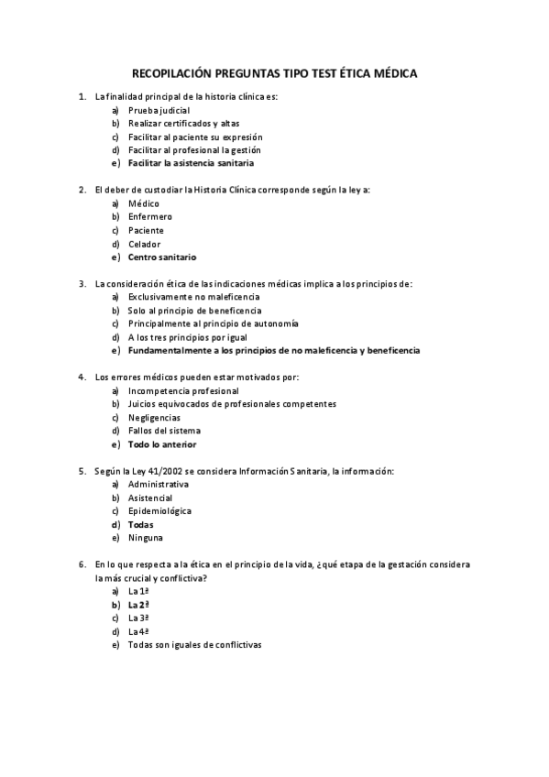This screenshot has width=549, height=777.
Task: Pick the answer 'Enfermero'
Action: [x=150, y=216]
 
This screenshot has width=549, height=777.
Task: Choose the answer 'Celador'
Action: [x=145, y=244]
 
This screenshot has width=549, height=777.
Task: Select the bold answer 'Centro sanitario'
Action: [x=162, y=257]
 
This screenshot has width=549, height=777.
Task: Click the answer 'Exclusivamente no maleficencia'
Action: [x=194, y=297]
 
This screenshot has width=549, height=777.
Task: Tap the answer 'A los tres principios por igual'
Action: [x=187, y=337]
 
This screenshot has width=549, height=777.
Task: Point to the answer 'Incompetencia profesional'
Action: [x=183, y=390]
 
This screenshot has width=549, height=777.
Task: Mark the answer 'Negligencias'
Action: [x=154, y=417]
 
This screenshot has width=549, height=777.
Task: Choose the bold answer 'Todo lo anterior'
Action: [x=162, y=444]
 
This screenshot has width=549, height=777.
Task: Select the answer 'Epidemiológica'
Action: [x=160, y=510]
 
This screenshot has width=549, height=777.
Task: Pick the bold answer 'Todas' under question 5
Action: [x=140, y=524]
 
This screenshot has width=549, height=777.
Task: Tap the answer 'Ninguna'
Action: [x=146, y=537]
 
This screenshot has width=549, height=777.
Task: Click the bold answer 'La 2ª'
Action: [x=138, y=605]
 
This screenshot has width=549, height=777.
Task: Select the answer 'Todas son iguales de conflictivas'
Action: [x=195, y=645]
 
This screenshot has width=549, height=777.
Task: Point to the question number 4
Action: [x=82, y=377]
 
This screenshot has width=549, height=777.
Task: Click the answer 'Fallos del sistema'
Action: [x=165, y=431]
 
